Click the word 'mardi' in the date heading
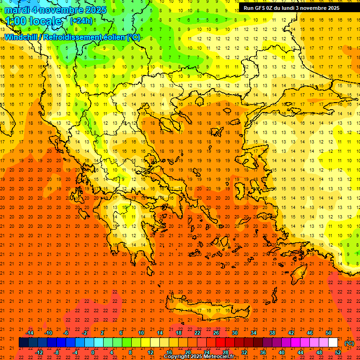click(17, 9)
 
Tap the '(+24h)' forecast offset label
click(81, 21)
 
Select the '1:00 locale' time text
click(33, 21)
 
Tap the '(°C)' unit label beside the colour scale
click(349, 343)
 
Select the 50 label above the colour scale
click(329, 333)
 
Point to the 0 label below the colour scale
click(93, 352)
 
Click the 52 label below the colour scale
click(338, 352)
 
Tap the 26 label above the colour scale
click(216, 333)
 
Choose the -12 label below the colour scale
click(39, 352)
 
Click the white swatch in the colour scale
click(333, 343)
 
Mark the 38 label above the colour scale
click(272, 333)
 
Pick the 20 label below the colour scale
click(187, 352)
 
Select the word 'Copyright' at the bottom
click(177, 356)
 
